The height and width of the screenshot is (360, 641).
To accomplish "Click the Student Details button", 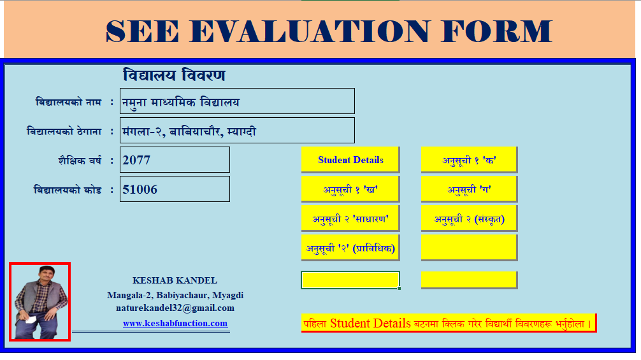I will (x=350, y=159).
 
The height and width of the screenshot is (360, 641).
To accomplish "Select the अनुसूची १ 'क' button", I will (x=469, y=159).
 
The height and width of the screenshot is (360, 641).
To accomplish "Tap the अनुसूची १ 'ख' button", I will (x=350, y=189).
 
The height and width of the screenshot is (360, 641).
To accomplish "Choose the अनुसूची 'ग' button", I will (x=469, y=189).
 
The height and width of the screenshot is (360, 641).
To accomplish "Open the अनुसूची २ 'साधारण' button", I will (x=350, y=219).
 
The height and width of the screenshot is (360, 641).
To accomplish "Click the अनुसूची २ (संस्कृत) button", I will (x=469, y=219).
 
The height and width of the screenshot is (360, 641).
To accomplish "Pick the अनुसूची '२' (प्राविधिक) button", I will (x=350, y=248).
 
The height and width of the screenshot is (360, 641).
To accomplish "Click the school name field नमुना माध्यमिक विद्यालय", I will (x=237, y=101).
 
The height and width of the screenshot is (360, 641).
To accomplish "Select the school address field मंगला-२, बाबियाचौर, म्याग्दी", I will (x=237, y=131).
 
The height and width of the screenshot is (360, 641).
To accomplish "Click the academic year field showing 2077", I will (x=175, y=160).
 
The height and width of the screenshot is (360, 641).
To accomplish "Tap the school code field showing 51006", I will (x=175, y=189).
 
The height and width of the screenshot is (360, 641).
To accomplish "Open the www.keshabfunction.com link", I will (x=175, y=323).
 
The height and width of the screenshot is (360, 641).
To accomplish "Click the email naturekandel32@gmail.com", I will (x=175, y=308).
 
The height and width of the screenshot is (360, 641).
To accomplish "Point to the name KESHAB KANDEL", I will (x=175, y=280).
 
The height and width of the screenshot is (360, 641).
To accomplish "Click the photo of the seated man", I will (x=40, y=301).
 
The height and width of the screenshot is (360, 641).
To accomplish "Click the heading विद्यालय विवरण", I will (x=174, y=75).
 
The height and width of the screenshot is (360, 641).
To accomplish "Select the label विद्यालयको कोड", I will (x=68, y=190).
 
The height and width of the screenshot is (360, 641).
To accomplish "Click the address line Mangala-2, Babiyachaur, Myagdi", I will (x=175, y=295).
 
